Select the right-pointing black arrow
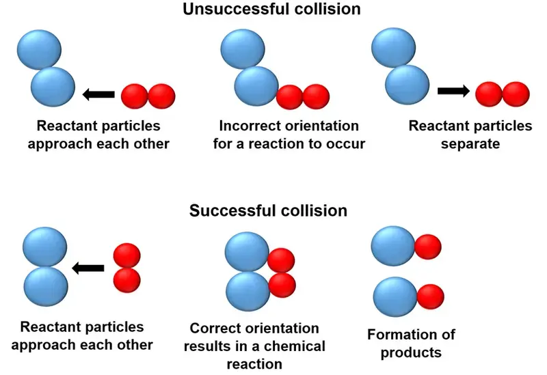tap(452, 90)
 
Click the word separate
tap(470, 144)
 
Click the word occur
tap(346, 144)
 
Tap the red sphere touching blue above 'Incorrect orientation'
tap(290, 97)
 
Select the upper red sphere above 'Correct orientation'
tap(280, 260)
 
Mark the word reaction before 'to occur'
tap(290, 144)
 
